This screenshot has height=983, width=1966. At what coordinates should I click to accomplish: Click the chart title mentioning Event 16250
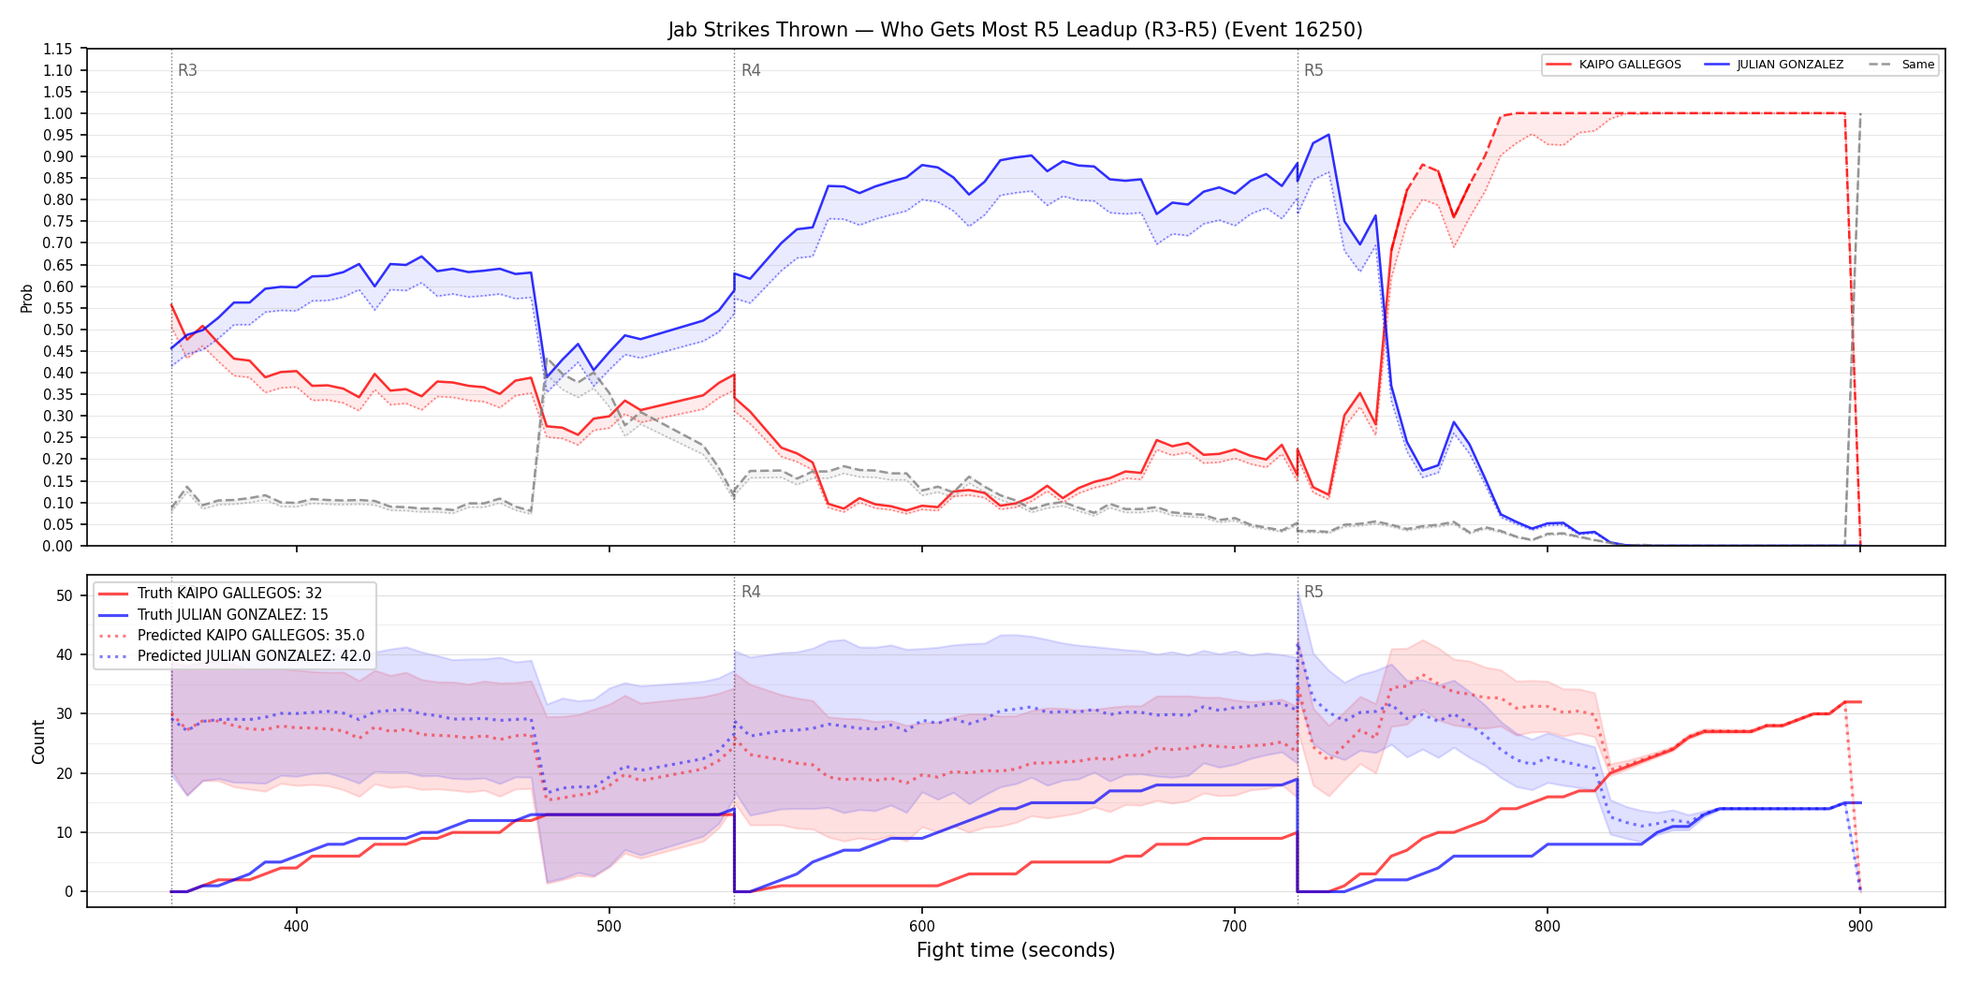(x=1015, y=30)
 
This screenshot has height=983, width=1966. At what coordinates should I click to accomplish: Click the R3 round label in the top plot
(x=187, y=70)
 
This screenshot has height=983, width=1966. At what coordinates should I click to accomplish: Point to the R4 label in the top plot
(x=751, y=70)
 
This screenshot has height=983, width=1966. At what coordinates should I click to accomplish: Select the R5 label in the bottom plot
(x=1313, y=592)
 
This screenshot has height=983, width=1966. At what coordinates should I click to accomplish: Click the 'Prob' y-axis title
(x=27, y=298)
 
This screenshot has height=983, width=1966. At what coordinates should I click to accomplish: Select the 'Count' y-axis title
(x=38, y=741)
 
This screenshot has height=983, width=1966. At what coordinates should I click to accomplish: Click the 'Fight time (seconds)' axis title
(x=1016, y=950)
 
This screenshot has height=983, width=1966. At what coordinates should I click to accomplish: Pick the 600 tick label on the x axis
(x=922, y=927)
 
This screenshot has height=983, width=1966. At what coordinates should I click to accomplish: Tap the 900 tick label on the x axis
(x=1860, y=927)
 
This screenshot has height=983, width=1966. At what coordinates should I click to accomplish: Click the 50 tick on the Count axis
(x=65, y=595)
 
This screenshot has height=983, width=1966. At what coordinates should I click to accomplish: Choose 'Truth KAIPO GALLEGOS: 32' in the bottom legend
(x=229, y=594)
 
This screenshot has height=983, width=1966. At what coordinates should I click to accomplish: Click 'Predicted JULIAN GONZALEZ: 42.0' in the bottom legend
(x=254, y=656)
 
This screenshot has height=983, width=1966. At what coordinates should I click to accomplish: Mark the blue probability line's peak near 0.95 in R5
(x=1328, y=135)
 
